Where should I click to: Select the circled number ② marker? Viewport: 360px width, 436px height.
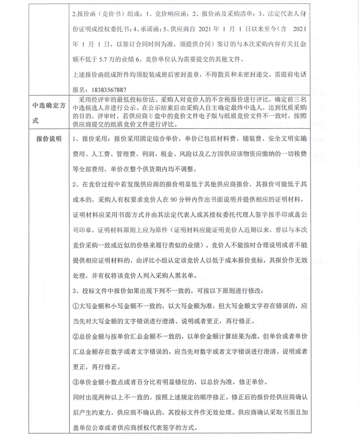pyautogui.click(x=76, y=335)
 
